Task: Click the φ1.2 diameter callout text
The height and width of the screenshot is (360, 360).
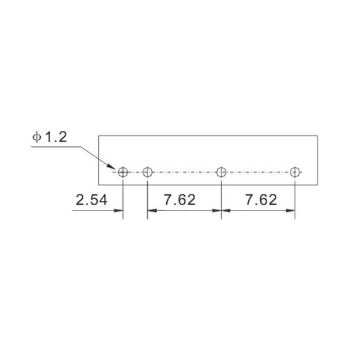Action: coord(50,137)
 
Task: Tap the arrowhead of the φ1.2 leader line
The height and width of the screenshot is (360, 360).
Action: coord(112,167)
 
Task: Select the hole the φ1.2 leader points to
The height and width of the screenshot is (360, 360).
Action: coord(123,172)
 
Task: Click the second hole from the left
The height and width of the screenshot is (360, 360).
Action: coord(148,172)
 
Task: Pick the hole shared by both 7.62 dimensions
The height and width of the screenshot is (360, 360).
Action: coord(221,172)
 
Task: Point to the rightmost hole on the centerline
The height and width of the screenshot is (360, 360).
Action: coord(295,172)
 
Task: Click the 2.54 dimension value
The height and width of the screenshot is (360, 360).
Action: coord(91,200)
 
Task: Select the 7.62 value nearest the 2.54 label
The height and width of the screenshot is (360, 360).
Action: coord(179,200)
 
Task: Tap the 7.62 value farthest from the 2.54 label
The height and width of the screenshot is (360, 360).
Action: coord(261,200)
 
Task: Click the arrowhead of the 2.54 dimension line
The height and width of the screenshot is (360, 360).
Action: coord(118,211)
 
